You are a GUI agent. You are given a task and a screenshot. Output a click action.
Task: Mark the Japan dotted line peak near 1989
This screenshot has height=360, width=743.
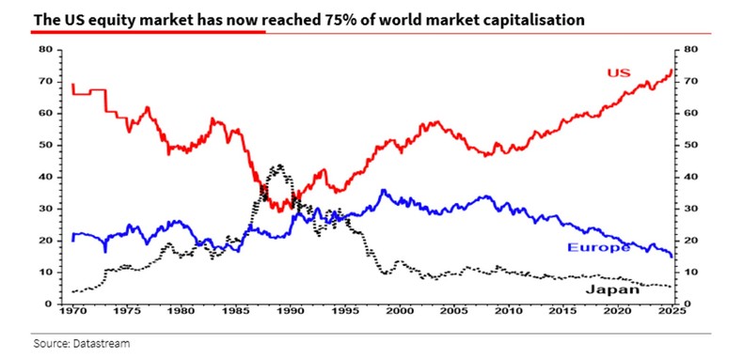[x=278, y=166]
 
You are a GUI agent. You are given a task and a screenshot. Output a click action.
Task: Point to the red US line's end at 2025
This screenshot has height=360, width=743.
[x=672, y=70]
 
